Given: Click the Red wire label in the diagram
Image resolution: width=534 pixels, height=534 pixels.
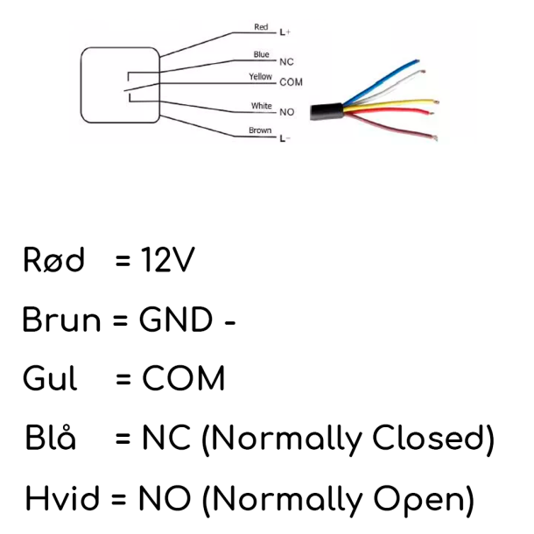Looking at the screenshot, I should coord(261,27).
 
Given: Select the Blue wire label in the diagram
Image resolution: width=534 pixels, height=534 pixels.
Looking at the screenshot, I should coord(261,54).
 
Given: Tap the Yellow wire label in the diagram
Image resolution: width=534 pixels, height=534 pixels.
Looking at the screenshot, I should coord(261,77).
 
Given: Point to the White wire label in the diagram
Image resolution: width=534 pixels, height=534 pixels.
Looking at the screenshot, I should coord(261,106).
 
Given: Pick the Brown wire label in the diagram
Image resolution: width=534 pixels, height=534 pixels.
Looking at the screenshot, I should coord(261,131).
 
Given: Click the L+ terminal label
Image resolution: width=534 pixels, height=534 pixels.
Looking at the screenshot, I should coord(285,33).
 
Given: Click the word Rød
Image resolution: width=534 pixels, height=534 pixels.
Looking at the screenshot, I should coord(55,261).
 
